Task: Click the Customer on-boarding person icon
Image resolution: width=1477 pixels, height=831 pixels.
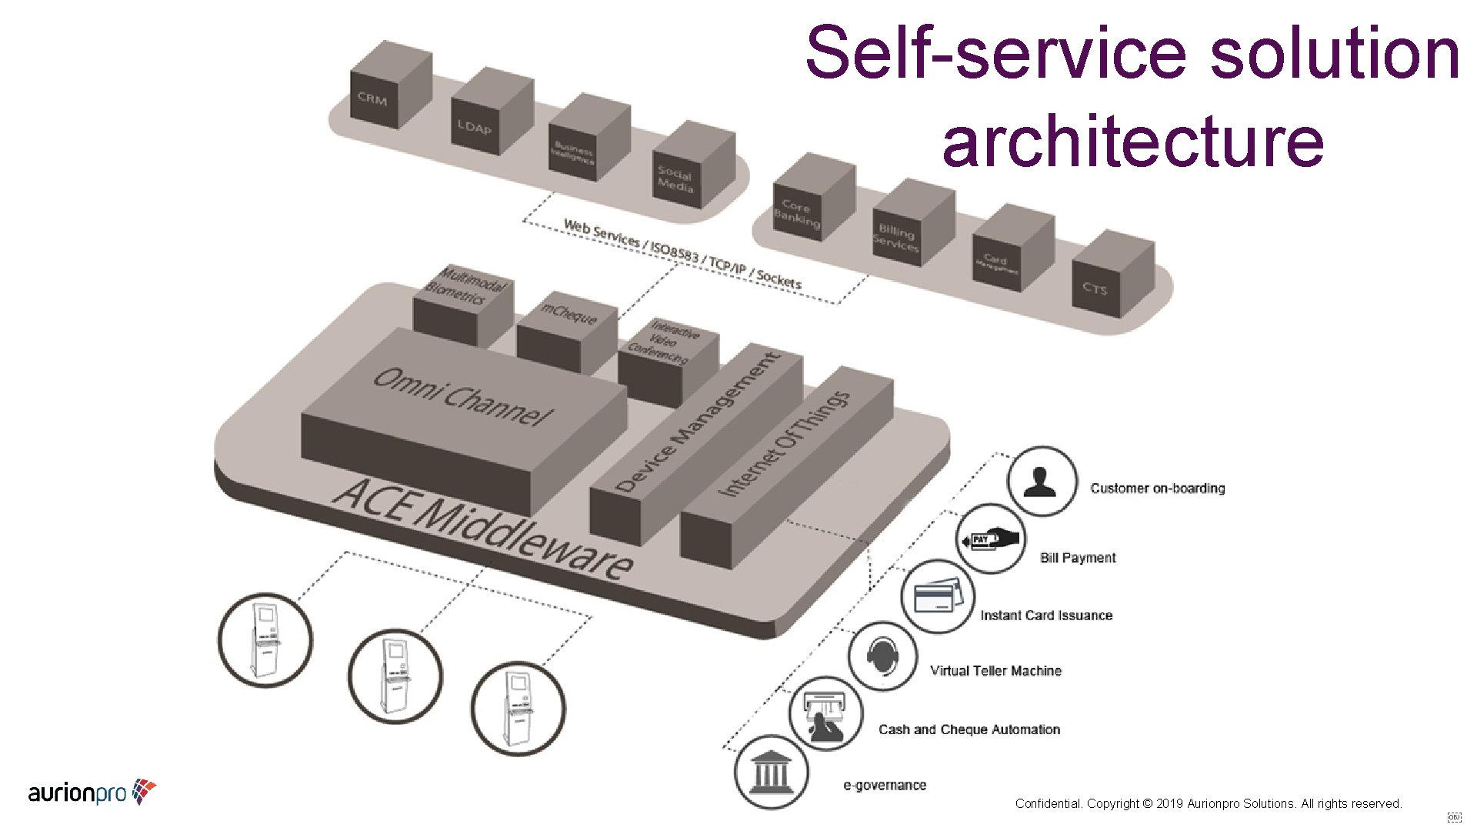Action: pos(1042,482)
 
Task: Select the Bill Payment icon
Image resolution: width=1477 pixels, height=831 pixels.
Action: pos(991,539)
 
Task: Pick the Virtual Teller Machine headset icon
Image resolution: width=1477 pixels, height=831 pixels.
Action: pos(883,656)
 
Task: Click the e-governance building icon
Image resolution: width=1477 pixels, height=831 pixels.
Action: pos(771,771)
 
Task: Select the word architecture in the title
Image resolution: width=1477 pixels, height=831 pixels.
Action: pos(1132,141)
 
